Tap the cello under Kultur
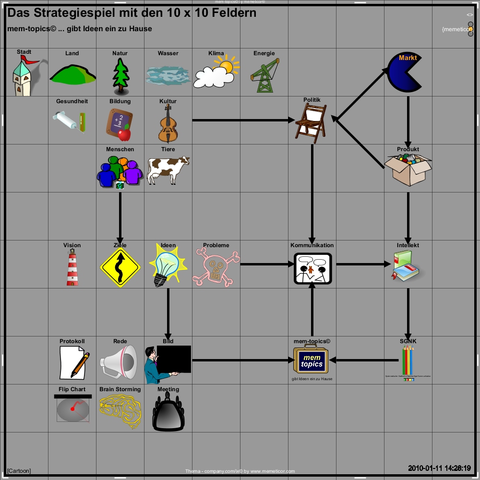(168, 124)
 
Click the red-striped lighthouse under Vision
(72, 268)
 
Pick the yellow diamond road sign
(120, 268)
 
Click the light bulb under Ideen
(166, 265)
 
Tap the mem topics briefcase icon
(312, 361)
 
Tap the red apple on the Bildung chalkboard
(125, 133)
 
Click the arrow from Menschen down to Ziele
(120, 216)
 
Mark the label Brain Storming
(120, 389)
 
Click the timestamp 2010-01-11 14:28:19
(439, 468)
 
